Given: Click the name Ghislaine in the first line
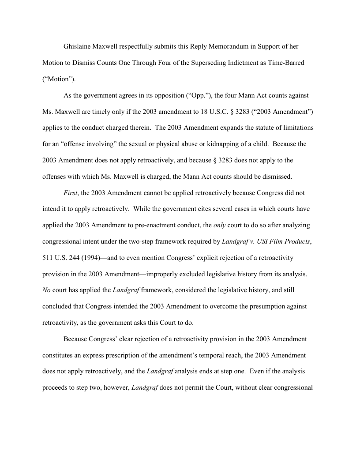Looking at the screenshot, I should coord(78,46).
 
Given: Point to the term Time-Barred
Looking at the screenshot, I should coord(286,63).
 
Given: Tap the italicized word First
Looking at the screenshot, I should coord(71,193).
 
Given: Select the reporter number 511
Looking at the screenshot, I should coord(48,258).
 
